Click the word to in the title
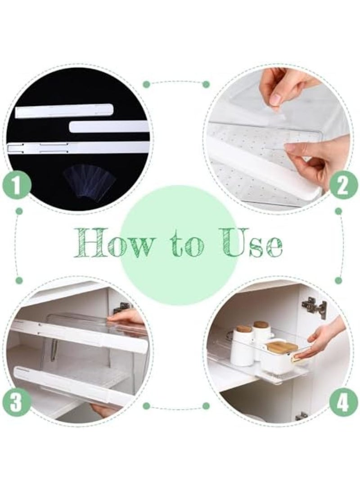coord(184,246)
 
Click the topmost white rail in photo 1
coord(64,110)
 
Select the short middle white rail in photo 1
coord(108,126)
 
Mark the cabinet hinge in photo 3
coord(121,308)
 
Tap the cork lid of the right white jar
coord(261,324)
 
